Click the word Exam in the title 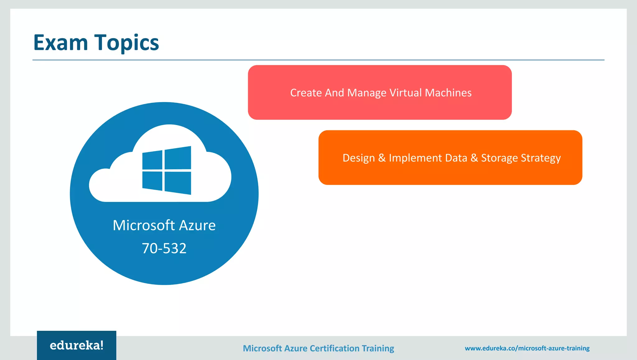pyautogui.click(x=61, y=43)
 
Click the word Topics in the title pyautogui.click(x=127, y=43)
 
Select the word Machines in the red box pyautogui.click(x=448, y=93)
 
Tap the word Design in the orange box pyautogui.click(x=359, y=158)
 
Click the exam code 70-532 pyautogui.click(x=164, y=248)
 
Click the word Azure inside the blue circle pyautogui.click(x=197, y=225)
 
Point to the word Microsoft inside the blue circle pyautogui.click(x=144, y=225)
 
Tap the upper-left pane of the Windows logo pyautogui.click(x=152, y=160)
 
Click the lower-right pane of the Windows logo pyautogui.click(x=178, y=183)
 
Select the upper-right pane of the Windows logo pyautogui.click(x=178, y=158)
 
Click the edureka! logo pyautogui.click(x=77, y=345)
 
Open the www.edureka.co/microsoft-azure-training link pyautogui.click(x=527, y=348)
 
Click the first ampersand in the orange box pyautogui.click(x=382, y=158)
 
